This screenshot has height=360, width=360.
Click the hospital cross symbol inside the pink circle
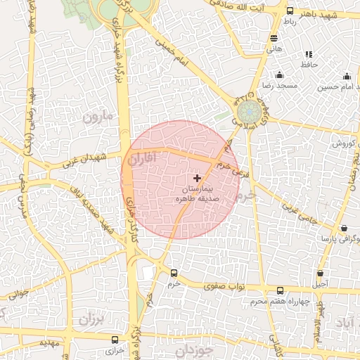[196, 178]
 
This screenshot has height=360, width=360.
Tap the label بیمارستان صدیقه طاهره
[196, 195]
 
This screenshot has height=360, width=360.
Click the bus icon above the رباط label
[290, 11]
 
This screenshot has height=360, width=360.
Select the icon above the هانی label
[274, 39]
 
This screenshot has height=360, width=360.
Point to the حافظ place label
[309, 64]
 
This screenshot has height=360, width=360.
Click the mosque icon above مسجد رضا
[280, 75]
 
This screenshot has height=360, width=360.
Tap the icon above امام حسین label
[346, 76]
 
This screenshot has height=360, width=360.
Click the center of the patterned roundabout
[247, 112]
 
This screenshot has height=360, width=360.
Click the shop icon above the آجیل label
[321, 274]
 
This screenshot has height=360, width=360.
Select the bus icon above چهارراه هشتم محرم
[281, 291]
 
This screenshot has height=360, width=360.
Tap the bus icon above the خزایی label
[115, 337]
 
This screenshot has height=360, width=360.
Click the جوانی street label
[15, 291]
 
